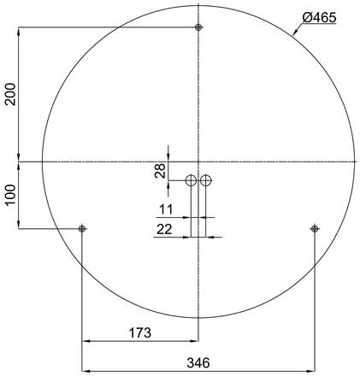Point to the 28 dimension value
pos(160,170)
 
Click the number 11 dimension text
pos(166,209)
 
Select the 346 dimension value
pos(198,362)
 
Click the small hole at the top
pos(198,28)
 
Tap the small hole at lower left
pos(82,228)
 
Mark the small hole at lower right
pos(315,228)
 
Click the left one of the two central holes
pos(192,180)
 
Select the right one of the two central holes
pos(206,180)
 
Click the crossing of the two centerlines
pos(198,162)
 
